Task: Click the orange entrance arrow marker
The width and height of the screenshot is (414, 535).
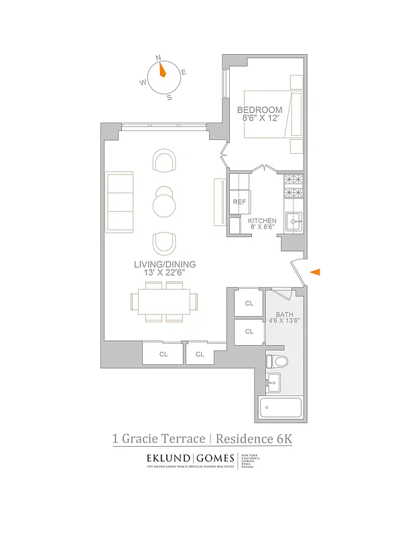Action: [x=316, y=272]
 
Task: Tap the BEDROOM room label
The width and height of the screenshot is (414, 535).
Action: [x=259, y=110]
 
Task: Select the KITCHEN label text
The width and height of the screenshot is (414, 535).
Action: [x=262, y=221]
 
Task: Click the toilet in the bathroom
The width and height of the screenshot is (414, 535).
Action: [x=276, y=362]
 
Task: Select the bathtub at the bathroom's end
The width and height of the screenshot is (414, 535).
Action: [x=281, y=407]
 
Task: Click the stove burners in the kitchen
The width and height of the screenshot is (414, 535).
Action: [x=293, y=187]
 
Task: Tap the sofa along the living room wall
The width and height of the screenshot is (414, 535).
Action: [x=120, y=201]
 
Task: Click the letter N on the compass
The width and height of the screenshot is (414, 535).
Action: [x=159, y=58]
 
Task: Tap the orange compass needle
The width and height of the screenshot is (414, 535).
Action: [x=161, y=69]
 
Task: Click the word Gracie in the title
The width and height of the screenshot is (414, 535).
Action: [x=144, y=439]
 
